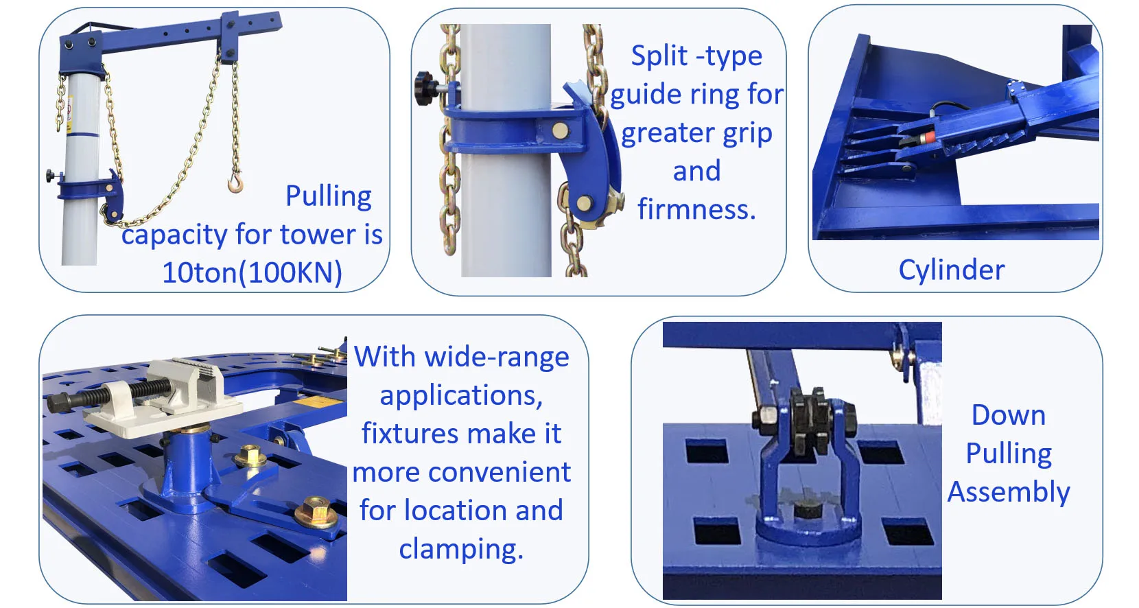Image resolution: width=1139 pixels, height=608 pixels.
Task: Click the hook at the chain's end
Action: point(235,183)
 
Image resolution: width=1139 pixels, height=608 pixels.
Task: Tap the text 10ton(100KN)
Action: point(252,272)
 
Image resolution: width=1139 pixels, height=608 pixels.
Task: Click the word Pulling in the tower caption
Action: point(329,196)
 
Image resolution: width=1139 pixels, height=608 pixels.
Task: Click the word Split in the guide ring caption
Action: point(659,56)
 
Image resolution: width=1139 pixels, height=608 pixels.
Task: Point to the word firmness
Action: point(696,209)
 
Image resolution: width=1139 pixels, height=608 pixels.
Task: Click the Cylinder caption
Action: point(951,270)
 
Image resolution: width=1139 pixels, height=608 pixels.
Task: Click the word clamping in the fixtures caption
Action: point(461,549)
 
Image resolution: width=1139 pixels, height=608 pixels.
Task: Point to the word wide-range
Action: point(497,357)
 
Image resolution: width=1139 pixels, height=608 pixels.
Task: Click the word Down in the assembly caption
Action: point(1008,415)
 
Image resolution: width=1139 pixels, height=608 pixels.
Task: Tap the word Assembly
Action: point(1008,492)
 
